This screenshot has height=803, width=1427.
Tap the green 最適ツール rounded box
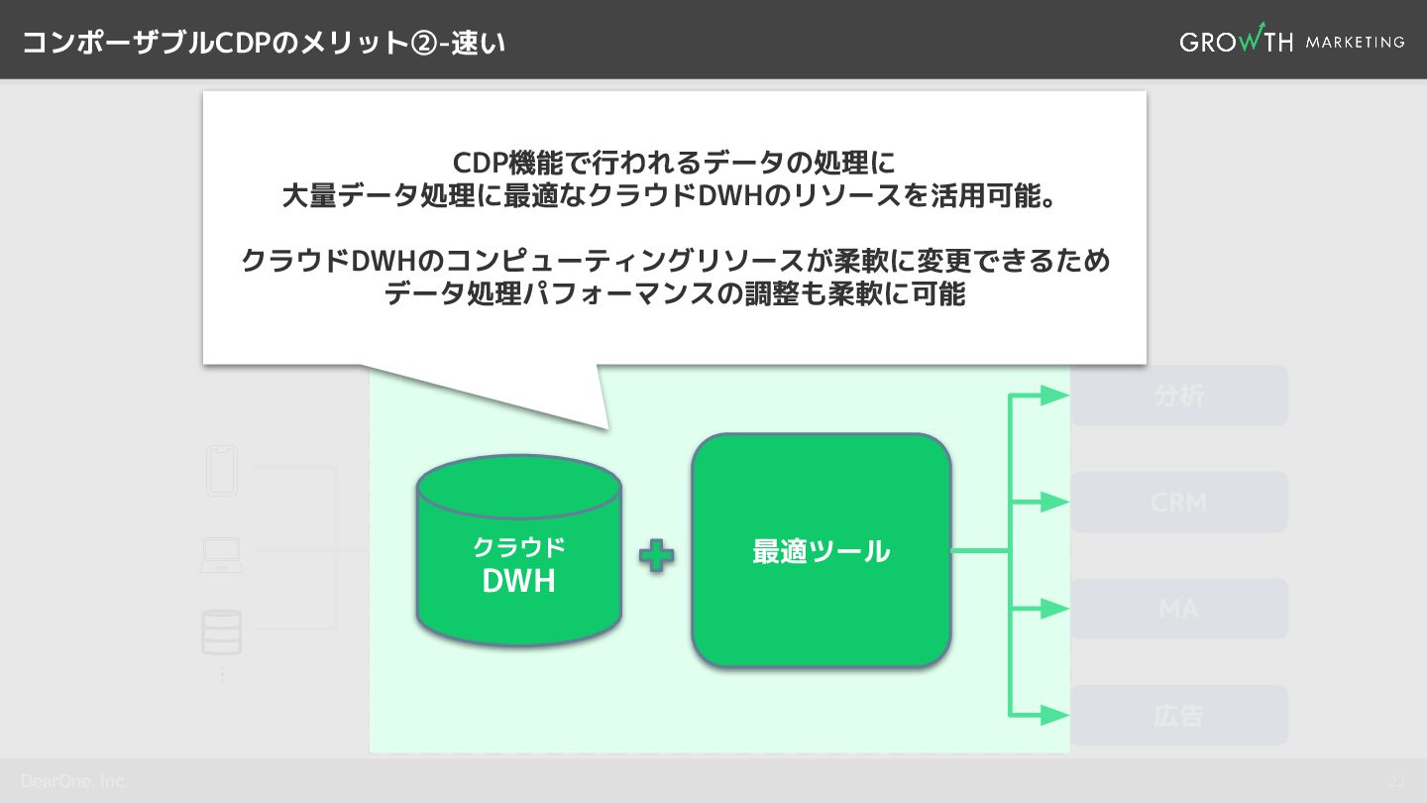coord(821,550)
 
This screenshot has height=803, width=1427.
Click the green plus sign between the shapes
coord(656,555)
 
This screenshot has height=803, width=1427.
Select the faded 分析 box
coord(1178,396)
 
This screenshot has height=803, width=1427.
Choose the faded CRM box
coord(1178,502)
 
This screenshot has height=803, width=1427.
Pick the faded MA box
coord(1178,608)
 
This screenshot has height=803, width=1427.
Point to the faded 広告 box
coord(1178,715)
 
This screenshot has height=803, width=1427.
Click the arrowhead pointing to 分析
coord(1054,396)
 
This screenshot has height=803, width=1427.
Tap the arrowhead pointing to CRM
coord(1054,502)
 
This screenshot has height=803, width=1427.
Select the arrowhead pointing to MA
coord(1054,609)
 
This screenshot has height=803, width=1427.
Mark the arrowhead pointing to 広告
coord(1054,715)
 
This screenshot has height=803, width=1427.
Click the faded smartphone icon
coord(222,471)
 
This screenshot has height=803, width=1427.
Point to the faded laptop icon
coord(221,555)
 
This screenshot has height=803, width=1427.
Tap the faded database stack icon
coord(221,631)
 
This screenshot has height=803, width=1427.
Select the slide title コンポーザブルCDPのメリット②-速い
coord(264,43)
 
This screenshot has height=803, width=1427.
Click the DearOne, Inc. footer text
coord(74,781)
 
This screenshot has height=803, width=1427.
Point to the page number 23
coord(1396,781)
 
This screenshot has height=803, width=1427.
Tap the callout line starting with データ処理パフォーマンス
coord(674,293)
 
